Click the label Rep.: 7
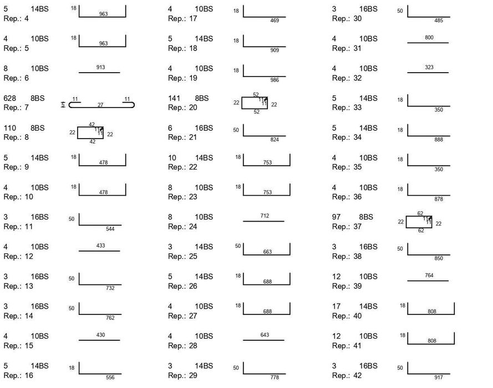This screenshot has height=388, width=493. pos(16,108)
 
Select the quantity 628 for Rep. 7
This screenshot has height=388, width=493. pos(10,98)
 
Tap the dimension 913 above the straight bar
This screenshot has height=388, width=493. pos(100,67)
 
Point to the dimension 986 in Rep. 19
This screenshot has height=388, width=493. pos(275,80)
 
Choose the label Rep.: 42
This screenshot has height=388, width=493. pos(347,375)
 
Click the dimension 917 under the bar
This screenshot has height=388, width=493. pos(439,377)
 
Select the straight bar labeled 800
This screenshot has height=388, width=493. pos(428,43)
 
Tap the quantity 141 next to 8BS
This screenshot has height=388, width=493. pos(174,98)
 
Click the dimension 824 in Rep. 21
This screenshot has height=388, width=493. pos(275,140)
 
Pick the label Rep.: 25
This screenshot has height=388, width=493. pos(182,257)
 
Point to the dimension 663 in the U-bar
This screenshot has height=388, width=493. pos(267,252)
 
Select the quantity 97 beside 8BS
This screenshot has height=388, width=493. pos(336,217)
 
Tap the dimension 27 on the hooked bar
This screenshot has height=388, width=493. pos(100,105)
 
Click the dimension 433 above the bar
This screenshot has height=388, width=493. pos(100,246)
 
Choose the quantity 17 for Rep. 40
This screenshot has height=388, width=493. pos(337,307)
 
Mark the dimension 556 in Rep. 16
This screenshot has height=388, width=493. pos(110,377)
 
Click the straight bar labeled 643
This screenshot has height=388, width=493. pos(263,340)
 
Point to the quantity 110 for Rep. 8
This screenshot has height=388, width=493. pos(10,128)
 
